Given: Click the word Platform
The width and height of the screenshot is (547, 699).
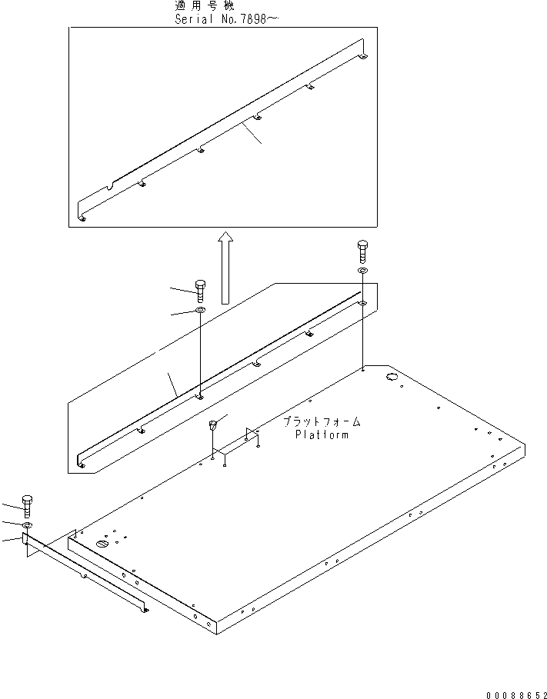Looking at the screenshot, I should (322, 435).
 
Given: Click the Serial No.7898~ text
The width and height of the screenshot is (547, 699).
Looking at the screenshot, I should (222, 18).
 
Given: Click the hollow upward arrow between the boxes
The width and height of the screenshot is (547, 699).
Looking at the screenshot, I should (225, 267).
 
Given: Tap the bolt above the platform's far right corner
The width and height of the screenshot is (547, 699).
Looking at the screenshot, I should (362, 251).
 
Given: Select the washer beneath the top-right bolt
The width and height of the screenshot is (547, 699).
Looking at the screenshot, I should (362, 271).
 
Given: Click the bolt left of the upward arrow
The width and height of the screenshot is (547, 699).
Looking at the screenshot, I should (200, 290).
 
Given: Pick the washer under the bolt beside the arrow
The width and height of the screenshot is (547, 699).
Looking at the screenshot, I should (199, 310).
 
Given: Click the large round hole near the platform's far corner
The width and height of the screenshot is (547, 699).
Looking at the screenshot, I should (390, 377).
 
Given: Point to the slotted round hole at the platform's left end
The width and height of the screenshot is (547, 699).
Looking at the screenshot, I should (102, 544).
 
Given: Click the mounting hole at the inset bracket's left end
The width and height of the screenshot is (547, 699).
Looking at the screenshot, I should (82, 218).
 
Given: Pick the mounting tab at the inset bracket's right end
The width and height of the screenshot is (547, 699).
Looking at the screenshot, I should (364, 55).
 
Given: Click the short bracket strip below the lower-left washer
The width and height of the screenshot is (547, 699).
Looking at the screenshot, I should (85, 572).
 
